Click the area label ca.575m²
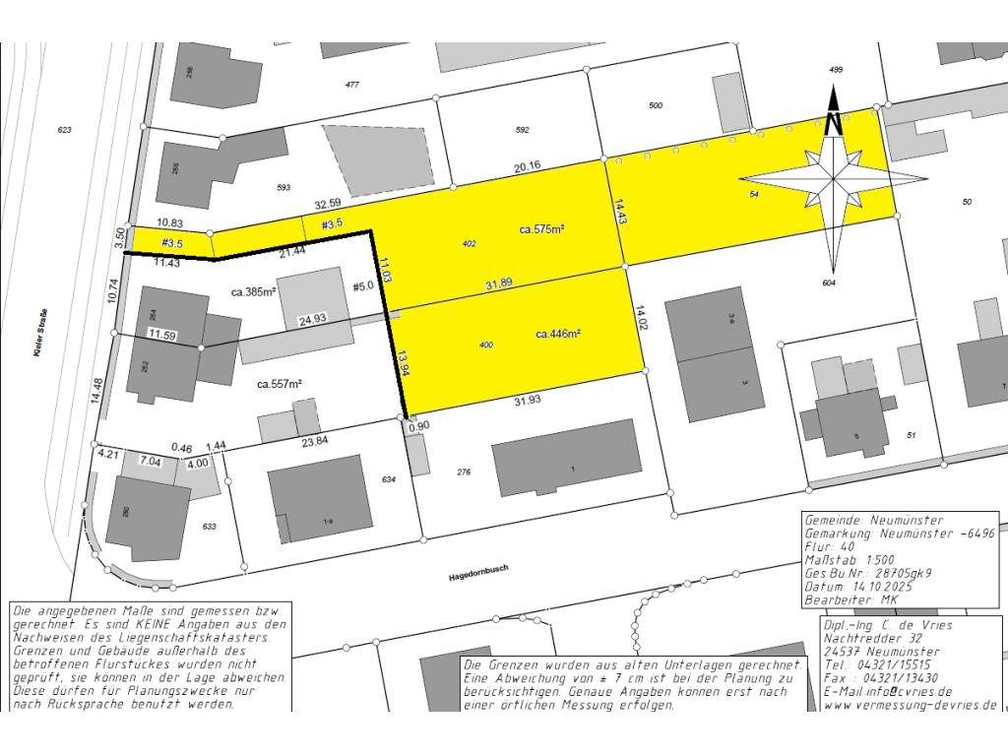point(541,229)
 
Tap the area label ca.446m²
point(557,335)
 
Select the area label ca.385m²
point(252,292)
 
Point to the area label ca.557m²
point(279,384)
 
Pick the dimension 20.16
point(527,166)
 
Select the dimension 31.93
point(530,401)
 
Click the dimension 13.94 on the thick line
point(403,365)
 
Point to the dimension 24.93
point(313,319)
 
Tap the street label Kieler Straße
point(40,335)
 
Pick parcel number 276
point(464,472)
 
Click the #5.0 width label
point(363,287)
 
